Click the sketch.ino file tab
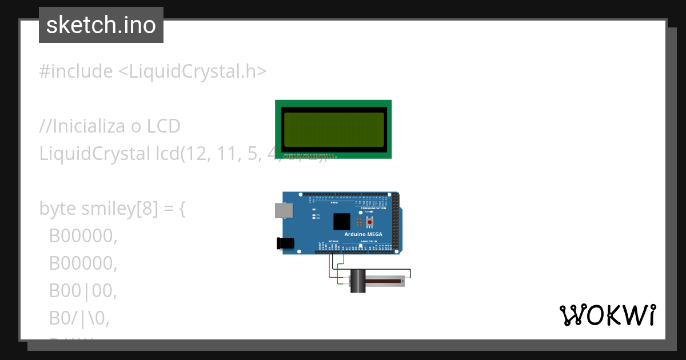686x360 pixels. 101,25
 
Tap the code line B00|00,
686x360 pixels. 82,291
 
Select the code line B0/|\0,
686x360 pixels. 79,318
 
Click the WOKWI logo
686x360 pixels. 607,315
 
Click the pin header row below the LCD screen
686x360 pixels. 309,154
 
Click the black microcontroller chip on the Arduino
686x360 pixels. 342,222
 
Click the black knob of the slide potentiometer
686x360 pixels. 358,281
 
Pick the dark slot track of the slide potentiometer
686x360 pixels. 384,281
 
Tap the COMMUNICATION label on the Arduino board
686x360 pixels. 373,208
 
